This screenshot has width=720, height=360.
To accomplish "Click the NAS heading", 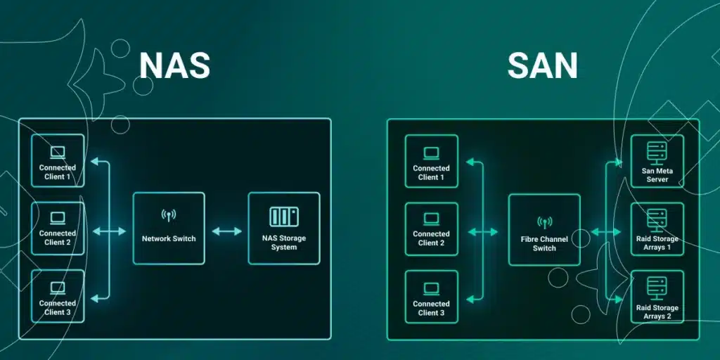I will (174, 65).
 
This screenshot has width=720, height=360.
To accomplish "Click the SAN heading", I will (542, 65).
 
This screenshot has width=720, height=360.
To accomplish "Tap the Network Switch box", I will (169, 229).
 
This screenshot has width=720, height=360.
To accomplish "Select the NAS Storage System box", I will (284, 229).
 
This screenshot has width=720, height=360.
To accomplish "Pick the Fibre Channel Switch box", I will (544, 230).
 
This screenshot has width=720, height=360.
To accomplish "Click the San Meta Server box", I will (657, 161).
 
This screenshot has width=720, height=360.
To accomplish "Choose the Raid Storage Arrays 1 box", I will (657, 229).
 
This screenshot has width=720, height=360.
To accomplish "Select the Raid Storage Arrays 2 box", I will (657, 297).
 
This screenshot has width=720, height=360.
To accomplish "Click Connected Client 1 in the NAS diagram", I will (58, 161).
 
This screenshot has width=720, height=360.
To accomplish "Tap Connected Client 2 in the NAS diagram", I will (58, 229).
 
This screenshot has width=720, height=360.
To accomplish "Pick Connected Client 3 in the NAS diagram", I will (58, 297).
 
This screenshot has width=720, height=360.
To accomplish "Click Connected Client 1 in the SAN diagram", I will (431, 161).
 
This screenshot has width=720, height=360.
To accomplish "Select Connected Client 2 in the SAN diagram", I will (431, 229).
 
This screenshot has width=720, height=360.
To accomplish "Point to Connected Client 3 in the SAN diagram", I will (431, 297).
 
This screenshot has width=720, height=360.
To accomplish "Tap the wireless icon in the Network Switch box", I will (169, 215).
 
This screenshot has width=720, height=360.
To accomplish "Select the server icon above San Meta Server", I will (657, 149).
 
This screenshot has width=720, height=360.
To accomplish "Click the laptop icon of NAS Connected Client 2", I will (58, 217).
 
